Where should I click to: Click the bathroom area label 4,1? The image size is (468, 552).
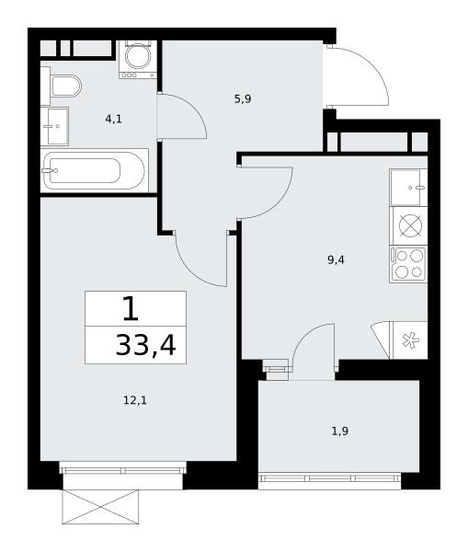(113, 120)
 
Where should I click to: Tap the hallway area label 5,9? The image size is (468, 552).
(243, 99)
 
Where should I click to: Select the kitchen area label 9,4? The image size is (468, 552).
(336, 260)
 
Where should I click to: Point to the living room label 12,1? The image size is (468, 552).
(135, 400)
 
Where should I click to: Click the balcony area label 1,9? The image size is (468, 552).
(340, 431)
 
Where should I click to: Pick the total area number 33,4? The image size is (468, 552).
(145, 346)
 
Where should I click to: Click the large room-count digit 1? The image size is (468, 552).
(131, 308)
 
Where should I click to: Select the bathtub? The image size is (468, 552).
(94, 171)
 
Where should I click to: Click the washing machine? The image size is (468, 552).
(138, 59)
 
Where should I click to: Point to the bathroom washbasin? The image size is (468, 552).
(54, 126)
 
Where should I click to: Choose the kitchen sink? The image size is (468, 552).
(408, 188)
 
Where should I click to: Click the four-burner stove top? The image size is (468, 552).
(408, 264)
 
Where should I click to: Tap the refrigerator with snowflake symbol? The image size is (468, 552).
(410, 340)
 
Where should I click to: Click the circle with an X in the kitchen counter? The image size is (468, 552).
(411, 225)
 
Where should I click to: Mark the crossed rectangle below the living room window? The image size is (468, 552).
(100, 507)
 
